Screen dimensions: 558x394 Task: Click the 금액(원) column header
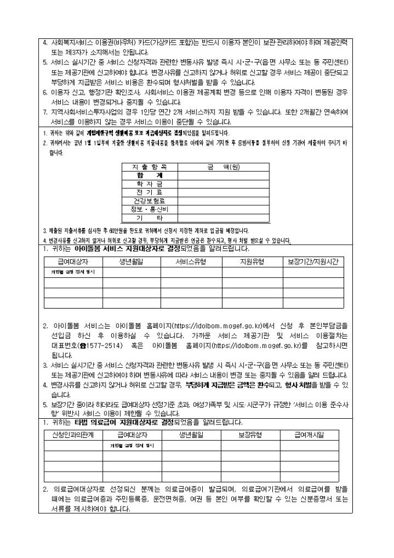pos(223,167)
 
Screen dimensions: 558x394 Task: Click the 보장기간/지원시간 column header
pos(313,262)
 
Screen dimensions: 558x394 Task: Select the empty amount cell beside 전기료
pos(223,192)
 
